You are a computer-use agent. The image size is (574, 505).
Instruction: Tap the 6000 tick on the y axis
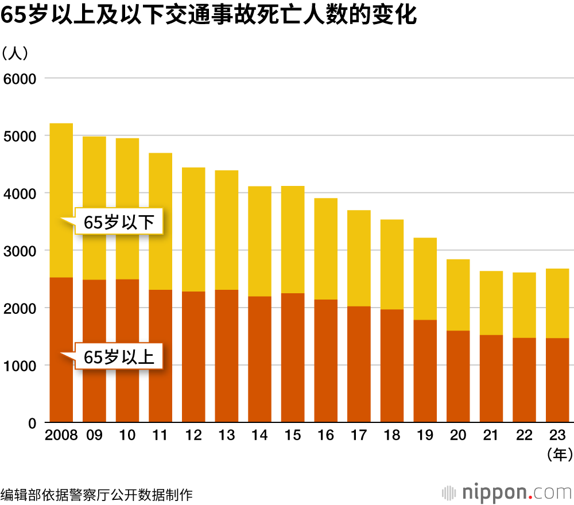tap(20, 78)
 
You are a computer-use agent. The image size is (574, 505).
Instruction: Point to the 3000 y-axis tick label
tap(20, 251)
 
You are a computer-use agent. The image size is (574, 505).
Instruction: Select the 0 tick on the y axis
tap(33, 424)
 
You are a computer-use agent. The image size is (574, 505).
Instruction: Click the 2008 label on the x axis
tap(61, 436)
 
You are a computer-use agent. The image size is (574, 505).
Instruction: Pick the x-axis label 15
tap(293, 436)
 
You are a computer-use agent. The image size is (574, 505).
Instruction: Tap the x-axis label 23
tap(557, 436)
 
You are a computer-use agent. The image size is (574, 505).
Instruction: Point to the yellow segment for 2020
tap(458, 295)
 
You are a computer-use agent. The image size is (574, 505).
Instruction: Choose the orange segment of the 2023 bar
tap(557, 380)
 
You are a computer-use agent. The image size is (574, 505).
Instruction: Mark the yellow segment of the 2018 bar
tap(392, 265)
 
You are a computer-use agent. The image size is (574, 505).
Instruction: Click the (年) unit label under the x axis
tap(557, 455)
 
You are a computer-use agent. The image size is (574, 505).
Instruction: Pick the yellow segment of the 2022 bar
tap(524, 305)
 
